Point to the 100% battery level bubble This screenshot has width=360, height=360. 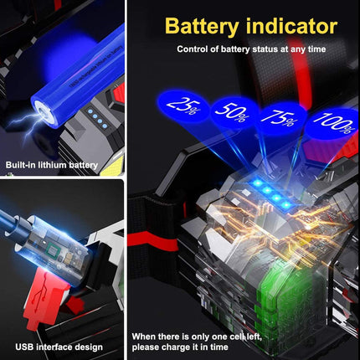coord(331,121)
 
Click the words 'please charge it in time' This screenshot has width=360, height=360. coord(181,347)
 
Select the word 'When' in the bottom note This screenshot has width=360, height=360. coord(145,336)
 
